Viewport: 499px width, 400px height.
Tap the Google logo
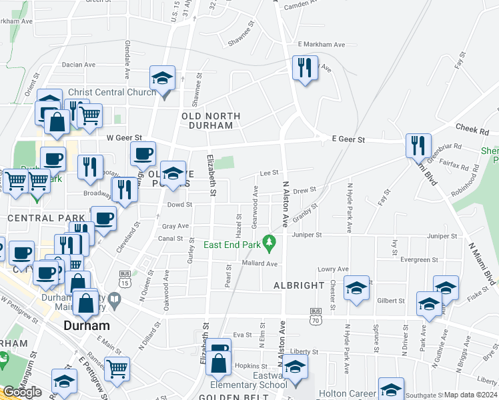coord(22,392)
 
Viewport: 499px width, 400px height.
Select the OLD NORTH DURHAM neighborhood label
coord(211,120)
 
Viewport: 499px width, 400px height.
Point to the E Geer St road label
coord(348,140)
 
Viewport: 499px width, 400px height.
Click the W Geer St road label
coord(125,138)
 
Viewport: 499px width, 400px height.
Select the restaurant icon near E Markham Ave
coord(304,69)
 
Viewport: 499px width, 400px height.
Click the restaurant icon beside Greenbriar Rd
coord(418,145)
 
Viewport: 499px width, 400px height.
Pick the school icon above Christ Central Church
coord(161,78)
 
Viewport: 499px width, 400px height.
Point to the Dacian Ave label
coord(78,65)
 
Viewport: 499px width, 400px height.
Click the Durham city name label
coord(87,326)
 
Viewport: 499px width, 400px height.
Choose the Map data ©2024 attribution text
coord(470,395)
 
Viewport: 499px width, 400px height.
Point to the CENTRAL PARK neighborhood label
coord(45,218)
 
